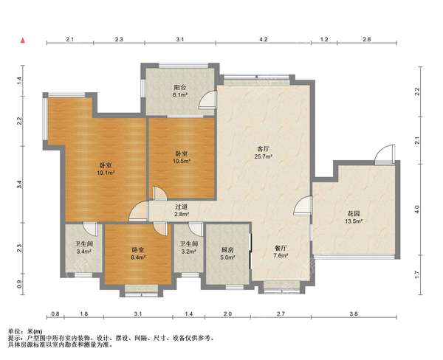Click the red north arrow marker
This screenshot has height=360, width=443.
click(23, 41)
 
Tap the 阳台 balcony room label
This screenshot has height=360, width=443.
click(180, 87)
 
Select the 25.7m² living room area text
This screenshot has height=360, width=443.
click(264, 156)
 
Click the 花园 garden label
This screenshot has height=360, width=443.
click(353, 214)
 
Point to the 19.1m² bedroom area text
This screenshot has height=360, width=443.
click(106, 173)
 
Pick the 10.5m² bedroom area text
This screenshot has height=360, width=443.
click(182, 161)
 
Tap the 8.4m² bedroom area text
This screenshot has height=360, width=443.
click(138, 257)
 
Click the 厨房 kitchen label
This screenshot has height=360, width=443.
click(227, 250)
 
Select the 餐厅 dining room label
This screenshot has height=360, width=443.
click(281, 248)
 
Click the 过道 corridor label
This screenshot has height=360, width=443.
click(182, 207)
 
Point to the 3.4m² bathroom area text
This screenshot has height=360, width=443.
click(84, 251)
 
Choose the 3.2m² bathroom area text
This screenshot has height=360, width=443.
click(189, 251)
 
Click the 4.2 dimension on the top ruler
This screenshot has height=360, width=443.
click(264, 39)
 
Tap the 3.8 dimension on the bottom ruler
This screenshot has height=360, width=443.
click(354, 314)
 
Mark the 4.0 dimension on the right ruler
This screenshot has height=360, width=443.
click(418, 210)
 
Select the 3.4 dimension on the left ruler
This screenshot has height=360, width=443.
click(19, 184)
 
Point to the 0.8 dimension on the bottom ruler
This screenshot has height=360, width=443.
click(55, 314)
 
